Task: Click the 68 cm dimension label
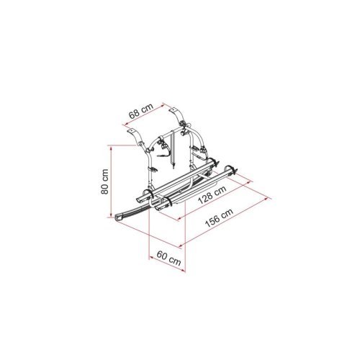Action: (x=141, y=111)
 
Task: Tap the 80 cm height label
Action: (x=104, y=181)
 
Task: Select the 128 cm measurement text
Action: (x=212, y=194)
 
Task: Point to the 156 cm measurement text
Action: (x=219, y=217)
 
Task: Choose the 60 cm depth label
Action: (x=168, y=258)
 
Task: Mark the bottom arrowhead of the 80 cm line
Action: (x=111, y=215)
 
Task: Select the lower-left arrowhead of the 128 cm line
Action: (x=179, y=218)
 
